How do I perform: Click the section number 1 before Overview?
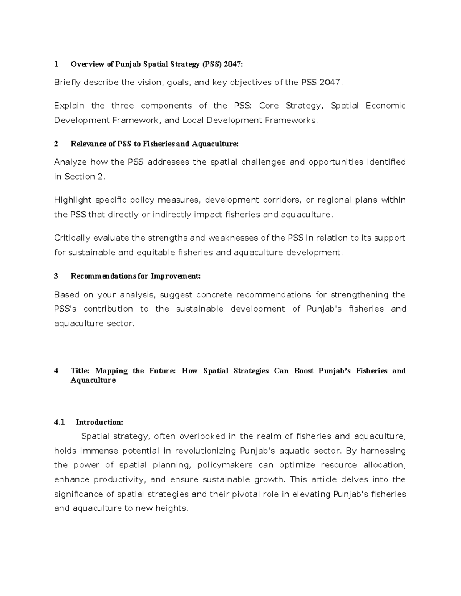(x=56, y=64)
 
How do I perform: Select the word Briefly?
(x=67, y=83)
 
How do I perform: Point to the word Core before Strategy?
(x=269, y=106)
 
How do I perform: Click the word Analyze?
(x=70, y=162)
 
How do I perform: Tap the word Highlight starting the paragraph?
(x=73, y=200)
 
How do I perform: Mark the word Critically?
(x=71, y=238)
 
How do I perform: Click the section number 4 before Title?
(x=56, y=371)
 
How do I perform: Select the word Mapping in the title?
(x=111, y=371)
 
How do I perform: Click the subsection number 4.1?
(x=60, y=423)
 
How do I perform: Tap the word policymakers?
(x=225, y=465)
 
